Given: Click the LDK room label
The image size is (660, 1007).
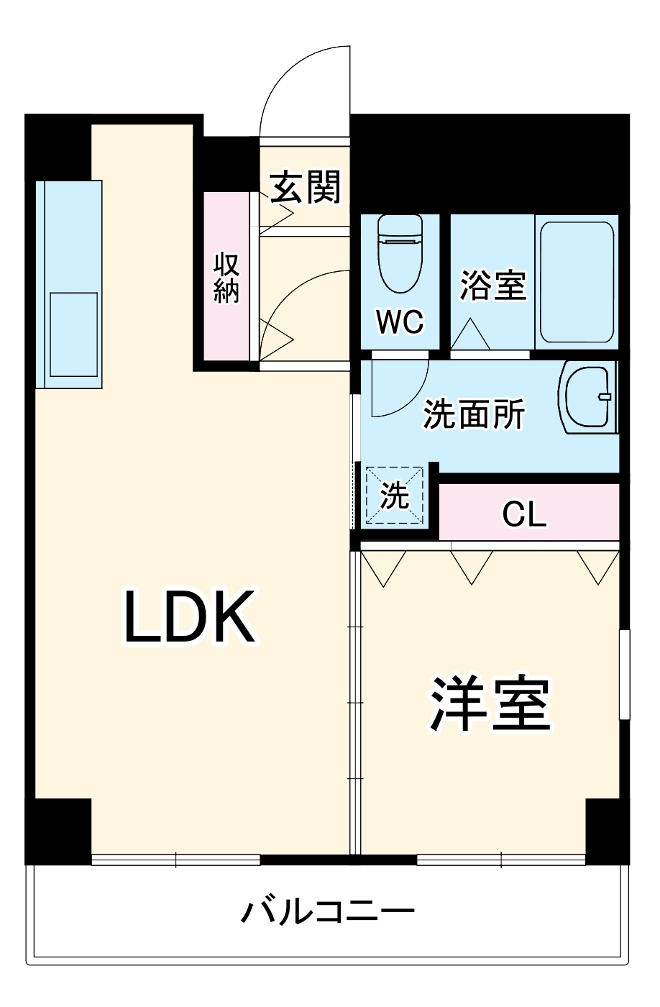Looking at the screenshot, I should coord(190,617).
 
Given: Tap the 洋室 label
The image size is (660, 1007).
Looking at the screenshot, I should coord(490,703).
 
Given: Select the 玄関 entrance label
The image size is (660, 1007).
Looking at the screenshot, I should coord(305,188).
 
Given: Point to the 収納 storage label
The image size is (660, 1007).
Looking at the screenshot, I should coord(226,278).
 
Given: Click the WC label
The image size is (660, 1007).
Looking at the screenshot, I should coord(400,322).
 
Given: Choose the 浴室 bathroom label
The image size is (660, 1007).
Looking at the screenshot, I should coord(493,285).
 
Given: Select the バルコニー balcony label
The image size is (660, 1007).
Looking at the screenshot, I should coord(328,913).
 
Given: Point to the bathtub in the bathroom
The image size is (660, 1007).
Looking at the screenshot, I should coord(577,282).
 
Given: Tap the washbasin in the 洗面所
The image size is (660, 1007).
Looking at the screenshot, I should coord(588,398).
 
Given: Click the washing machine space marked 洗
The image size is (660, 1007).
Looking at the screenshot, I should coord(394,496).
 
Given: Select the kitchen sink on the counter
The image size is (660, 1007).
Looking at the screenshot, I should coord(73,334).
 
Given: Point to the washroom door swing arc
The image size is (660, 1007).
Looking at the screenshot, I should coord(400,388).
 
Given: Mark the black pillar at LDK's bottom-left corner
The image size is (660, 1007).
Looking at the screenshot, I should coord(58,829).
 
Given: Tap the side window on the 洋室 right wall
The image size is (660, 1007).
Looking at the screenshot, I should coord(624,673).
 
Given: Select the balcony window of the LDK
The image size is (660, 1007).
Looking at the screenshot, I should coord(175,859).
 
